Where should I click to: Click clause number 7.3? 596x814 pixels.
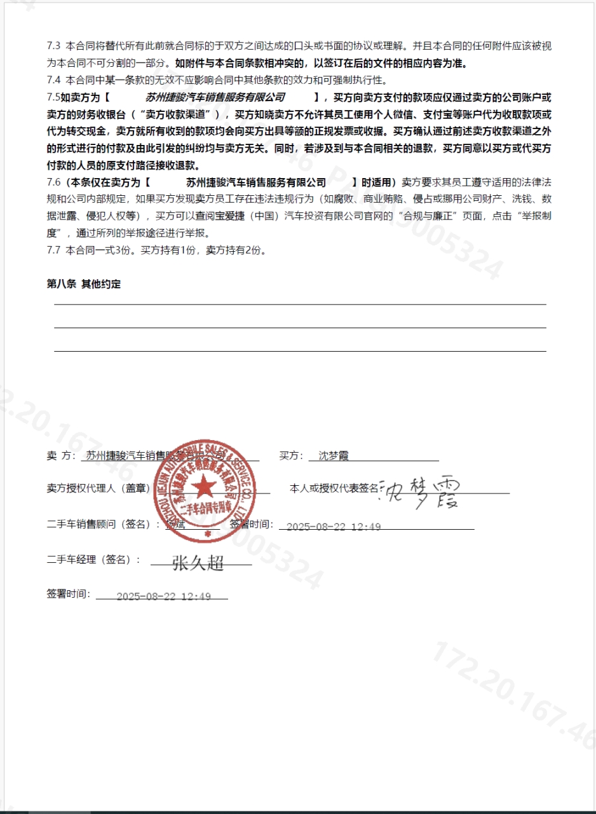(x=53, y=47)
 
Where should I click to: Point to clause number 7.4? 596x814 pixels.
(x=53, y=80)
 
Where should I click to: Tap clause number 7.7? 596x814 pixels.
(x=53, y=251)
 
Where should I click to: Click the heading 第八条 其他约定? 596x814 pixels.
(x=84, y=284)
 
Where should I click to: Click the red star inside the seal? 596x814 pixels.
(x=205, y=488)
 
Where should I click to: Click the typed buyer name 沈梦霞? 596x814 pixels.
(x=334, y=456)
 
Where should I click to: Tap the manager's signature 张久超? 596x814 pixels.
(x=198, y=562)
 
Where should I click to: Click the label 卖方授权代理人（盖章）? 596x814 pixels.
(x=98, y=488)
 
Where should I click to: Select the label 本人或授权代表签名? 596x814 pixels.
(x=334, y=488)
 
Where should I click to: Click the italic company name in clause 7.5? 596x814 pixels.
(x=215, y=97)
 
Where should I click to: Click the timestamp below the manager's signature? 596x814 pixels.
(x=163, y=597)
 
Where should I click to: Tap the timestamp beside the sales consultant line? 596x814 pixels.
(x=334, y=527)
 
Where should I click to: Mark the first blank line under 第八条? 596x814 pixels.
(x=300, y=305)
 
